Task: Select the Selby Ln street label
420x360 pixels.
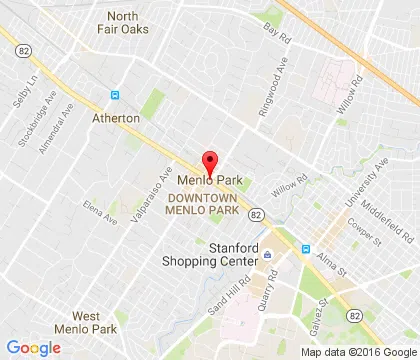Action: tap(23, 81)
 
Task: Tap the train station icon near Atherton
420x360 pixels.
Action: tap(115, 96)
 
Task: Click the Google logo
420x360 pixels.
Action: tap(33, 347)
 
